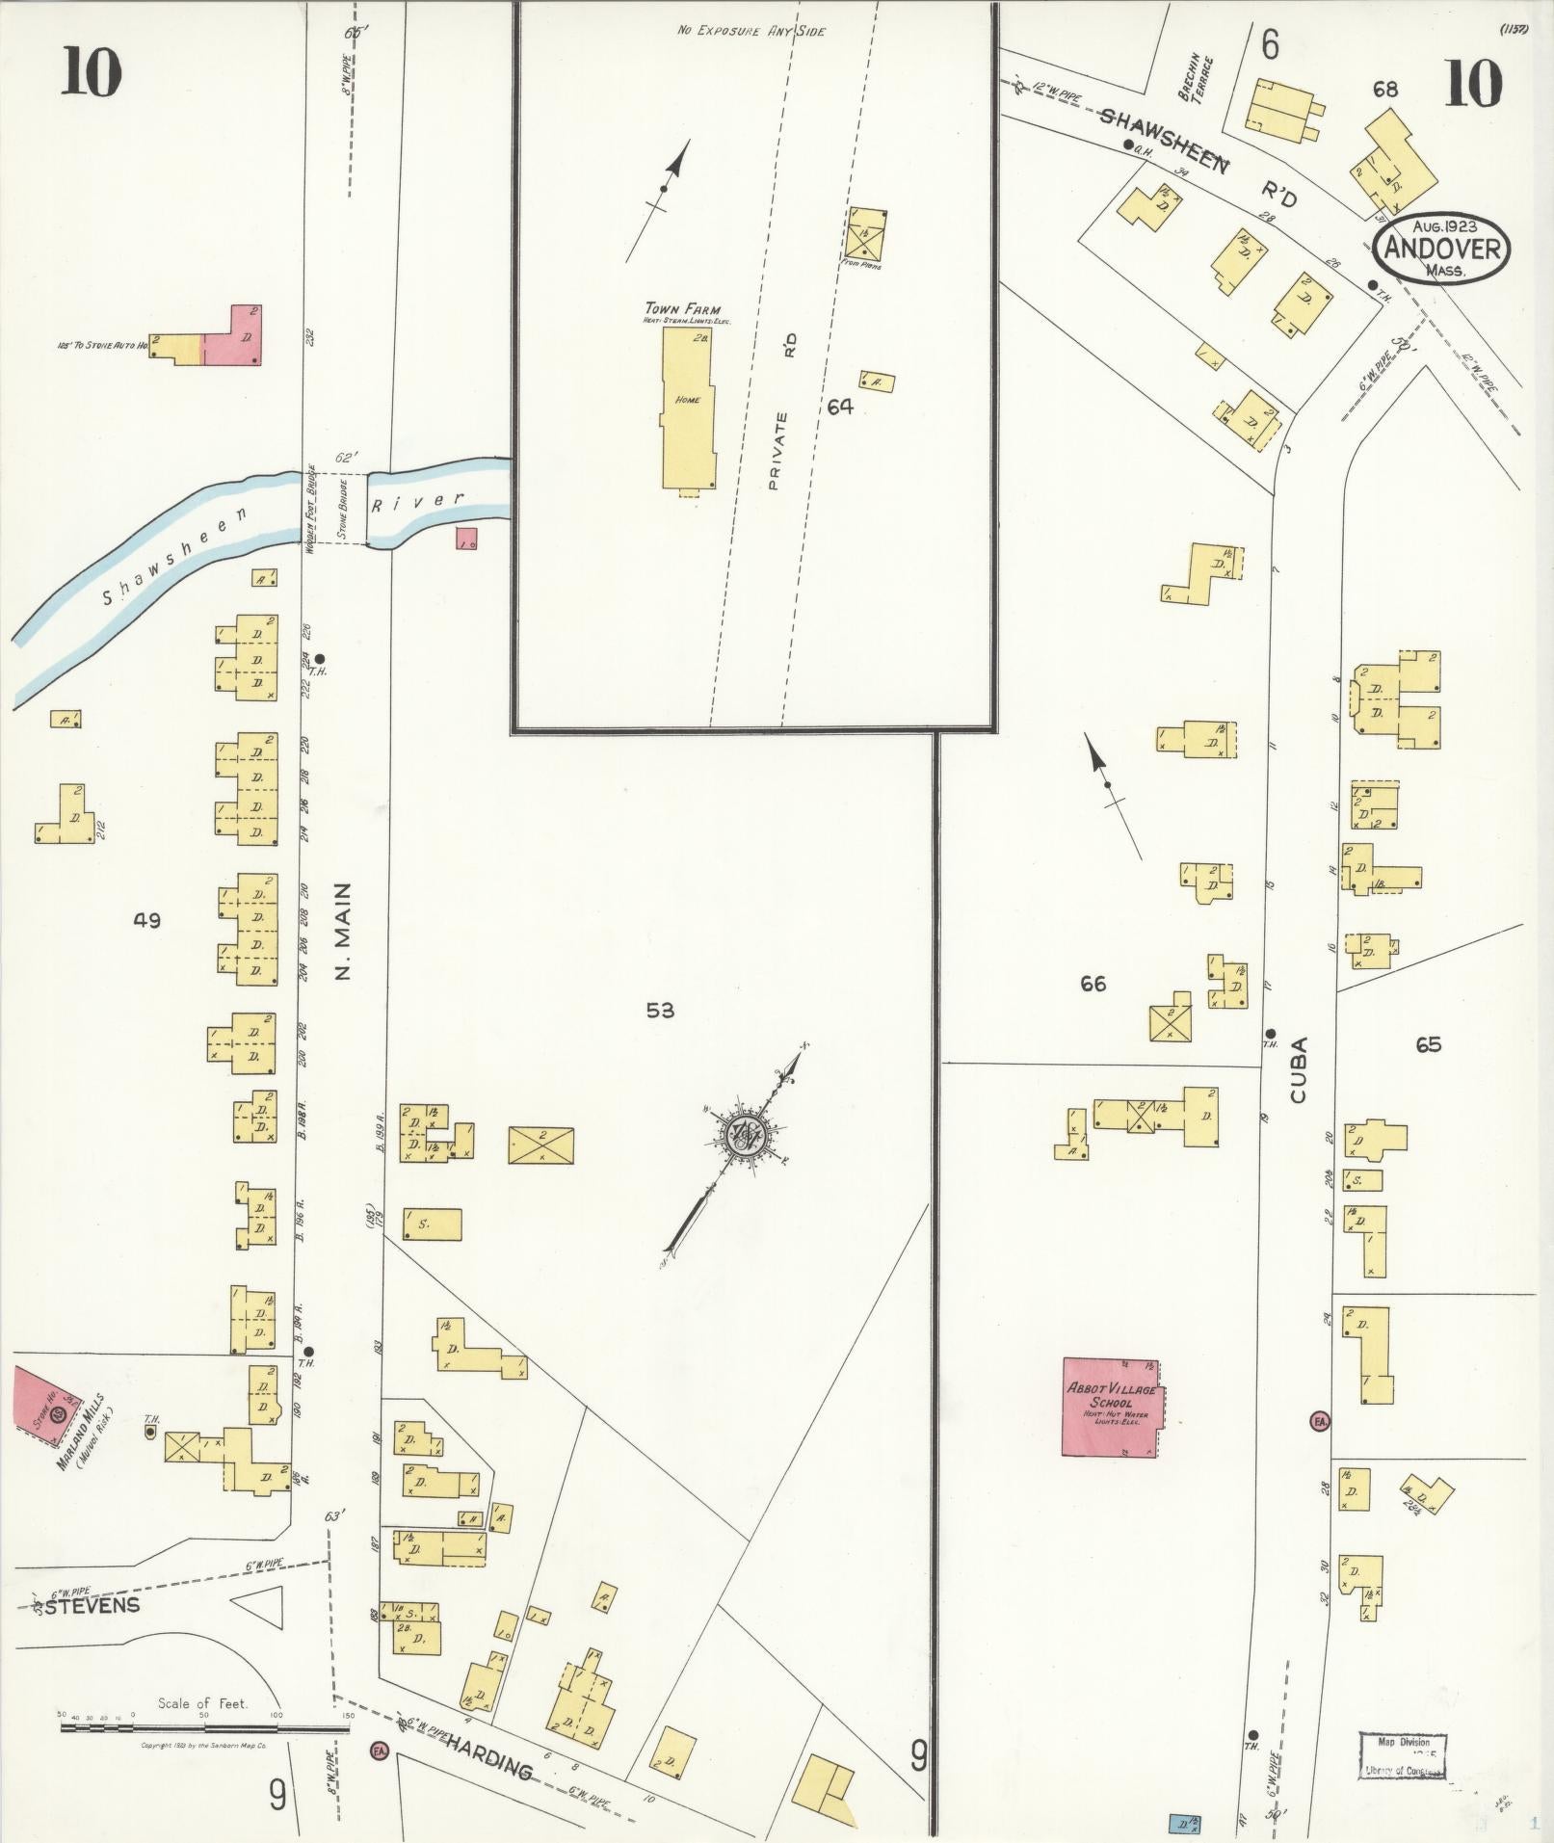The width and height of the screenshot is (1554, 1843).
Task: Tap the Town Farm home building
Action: click(x=687, y=409)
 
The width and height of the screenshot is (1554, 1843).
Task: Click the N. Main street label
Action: click(x=344, y=932)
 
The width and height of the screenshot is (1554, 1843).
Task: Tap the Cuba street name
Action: click(x=1299, y=1069)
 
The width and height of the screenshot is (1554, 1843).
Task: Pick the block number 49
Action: click(x=146, y=921)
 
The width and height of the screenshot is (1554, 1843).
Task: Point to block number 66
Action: click(x=1093, y=984)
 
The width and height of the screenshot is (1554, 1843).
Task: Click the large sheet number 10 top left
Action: click(x=92, y=72)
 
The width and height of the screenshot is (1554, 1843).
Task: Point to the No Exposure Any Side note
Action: click(x=751, y=31)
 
